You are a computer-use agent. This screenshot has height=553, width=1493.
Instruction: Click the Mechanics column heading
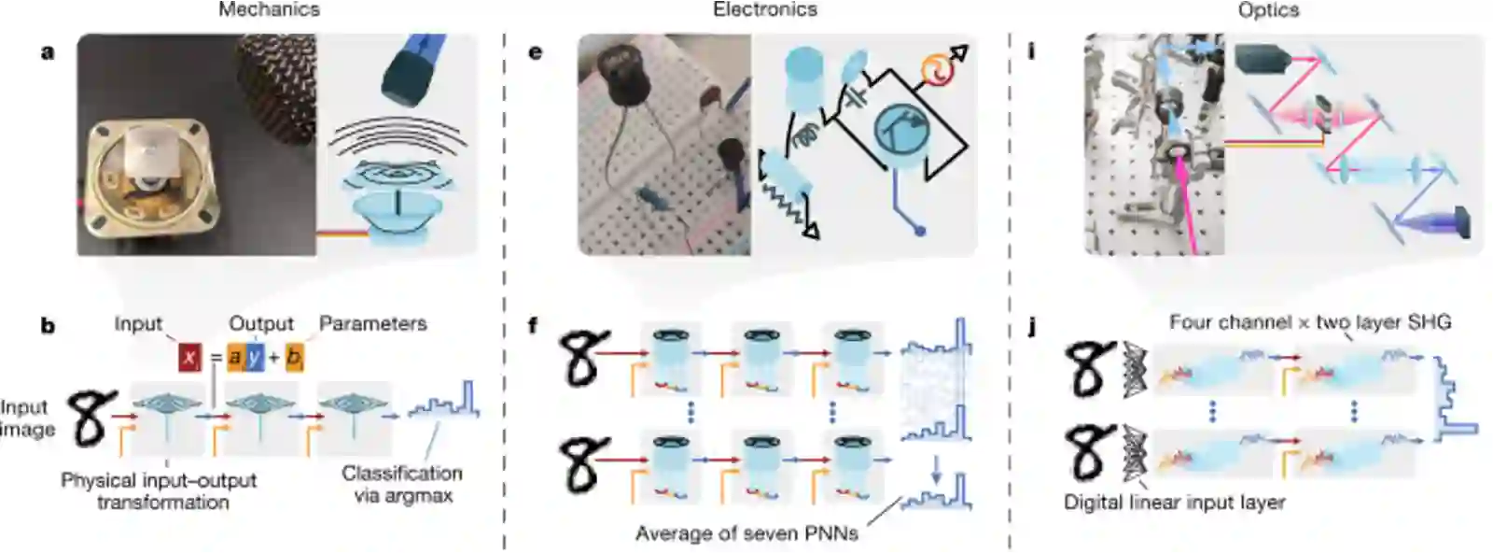click(269, 10)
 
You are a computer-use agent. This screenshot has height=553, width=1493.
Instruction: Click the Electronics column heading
click(764, 10)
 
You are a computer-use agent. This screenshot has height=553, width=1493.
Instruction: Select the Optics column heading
click(1268, 10)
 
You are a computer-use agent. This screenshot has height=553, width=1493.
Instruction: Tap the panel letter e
click(535, 51)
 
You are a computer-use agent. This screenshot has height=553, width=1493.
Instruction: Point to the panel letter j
click(1032, 327)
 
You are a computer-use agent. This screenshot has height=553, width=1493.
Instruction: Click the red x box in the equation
click(190, 357)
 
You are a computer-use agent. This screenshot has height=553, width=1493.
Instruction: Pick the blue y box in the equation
click(254, 357)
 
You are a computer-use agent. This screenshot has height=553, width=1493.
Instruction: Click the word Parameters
click(372, 324)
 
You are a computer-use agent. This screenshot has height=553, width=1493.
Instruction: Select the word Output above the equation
click(261, 324)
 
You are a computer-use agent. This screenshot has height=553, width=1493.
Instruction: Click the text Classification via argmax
click(402, 484)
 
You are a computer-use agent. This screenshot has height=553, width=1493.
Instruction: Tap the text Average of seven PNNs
click(746, 533)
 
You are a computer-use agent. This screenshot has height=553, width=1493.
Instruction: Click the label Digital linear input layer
click(1174, 503)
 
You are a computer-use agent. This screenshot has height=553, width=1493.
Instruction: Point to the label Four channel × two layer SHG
click(1310, 322)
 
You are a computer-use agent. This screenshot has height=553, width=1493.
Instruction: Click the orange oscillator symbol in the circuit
click(934, 68)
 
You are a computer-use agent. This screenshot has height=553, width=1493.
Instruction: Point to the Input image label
click(27, 418)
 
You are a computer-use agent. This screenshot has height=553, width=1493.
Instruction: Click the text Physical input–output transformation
click(159, 491)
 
